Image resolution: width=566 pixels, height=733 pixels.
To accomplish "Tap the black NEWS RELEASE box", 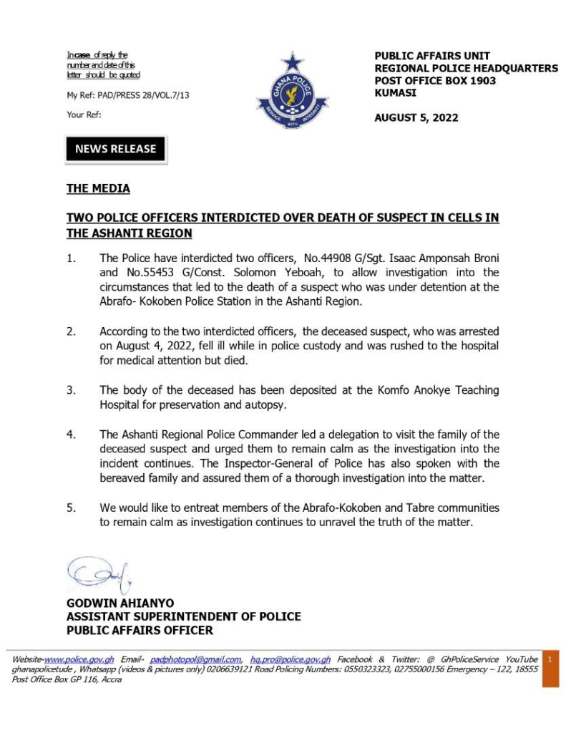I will [115, 149].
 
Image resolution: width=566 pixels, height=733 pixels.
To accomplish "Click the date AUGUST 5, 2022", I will [416, 117].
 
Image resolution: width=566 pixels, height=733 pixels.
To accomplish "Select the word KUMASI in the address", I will [395, 92].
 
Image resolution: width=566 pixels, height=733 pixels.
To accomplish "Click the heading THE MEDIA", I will [98, 189].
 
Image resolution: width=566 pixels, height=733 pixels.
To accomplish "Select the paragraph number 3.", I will [71, 390].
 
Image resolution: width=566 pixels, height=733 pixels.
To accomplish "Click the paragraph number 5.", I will [71, 508].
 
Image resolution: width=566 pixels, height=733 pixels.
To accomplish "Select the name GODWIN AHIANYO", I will [120, 603].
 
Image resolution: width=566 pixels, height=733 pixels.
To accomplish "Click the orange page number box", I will [550, 669].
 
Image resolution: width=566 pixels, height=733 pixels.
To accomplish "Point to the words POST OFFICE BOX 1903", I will [435, 80].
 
